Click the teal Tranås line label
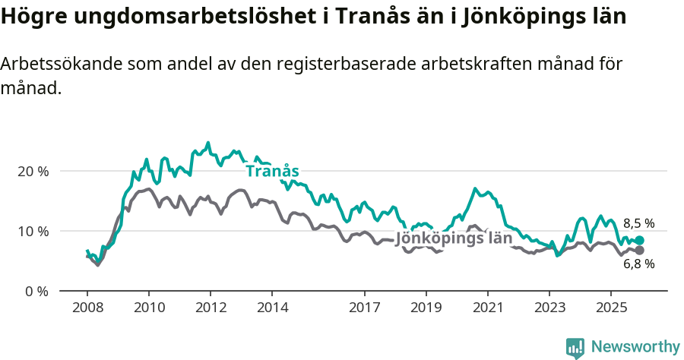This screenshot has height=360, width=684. (x=271, y=171)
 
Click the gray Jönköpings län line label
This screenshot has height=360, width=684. (x=454, y=238)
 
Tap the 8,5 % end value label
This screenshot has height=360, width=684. (x=638, y=223)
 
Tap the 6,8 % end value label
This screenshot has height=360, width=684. (x=638, y=264)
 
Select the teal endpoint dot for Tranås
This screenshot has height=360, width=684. (x=639, y=240)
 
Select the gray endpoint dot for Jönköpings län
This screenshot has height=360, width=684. (x=639, y=250)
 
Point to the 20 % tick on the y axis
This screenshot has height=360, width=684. (x=32, y=171)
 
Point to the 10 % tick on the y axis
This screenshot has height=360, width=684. (x=32, y=231)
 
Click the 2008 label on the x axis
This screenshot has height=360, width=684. (x=87, y=308)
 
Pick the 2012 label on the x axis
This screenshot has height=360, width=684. (x=211, y=308)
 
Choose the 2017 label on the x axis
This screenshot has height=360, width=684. (x=364, y=308)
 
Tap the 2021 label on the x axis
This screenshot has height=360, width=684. (x=487, y=308)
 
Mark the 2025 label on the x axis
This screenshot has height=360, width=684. (x=610, y=308)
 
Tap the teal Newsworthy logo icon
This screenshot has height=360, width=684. (x=575, y=348)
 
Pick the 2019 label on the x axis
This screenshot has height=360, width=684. (x=426, y=308)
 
